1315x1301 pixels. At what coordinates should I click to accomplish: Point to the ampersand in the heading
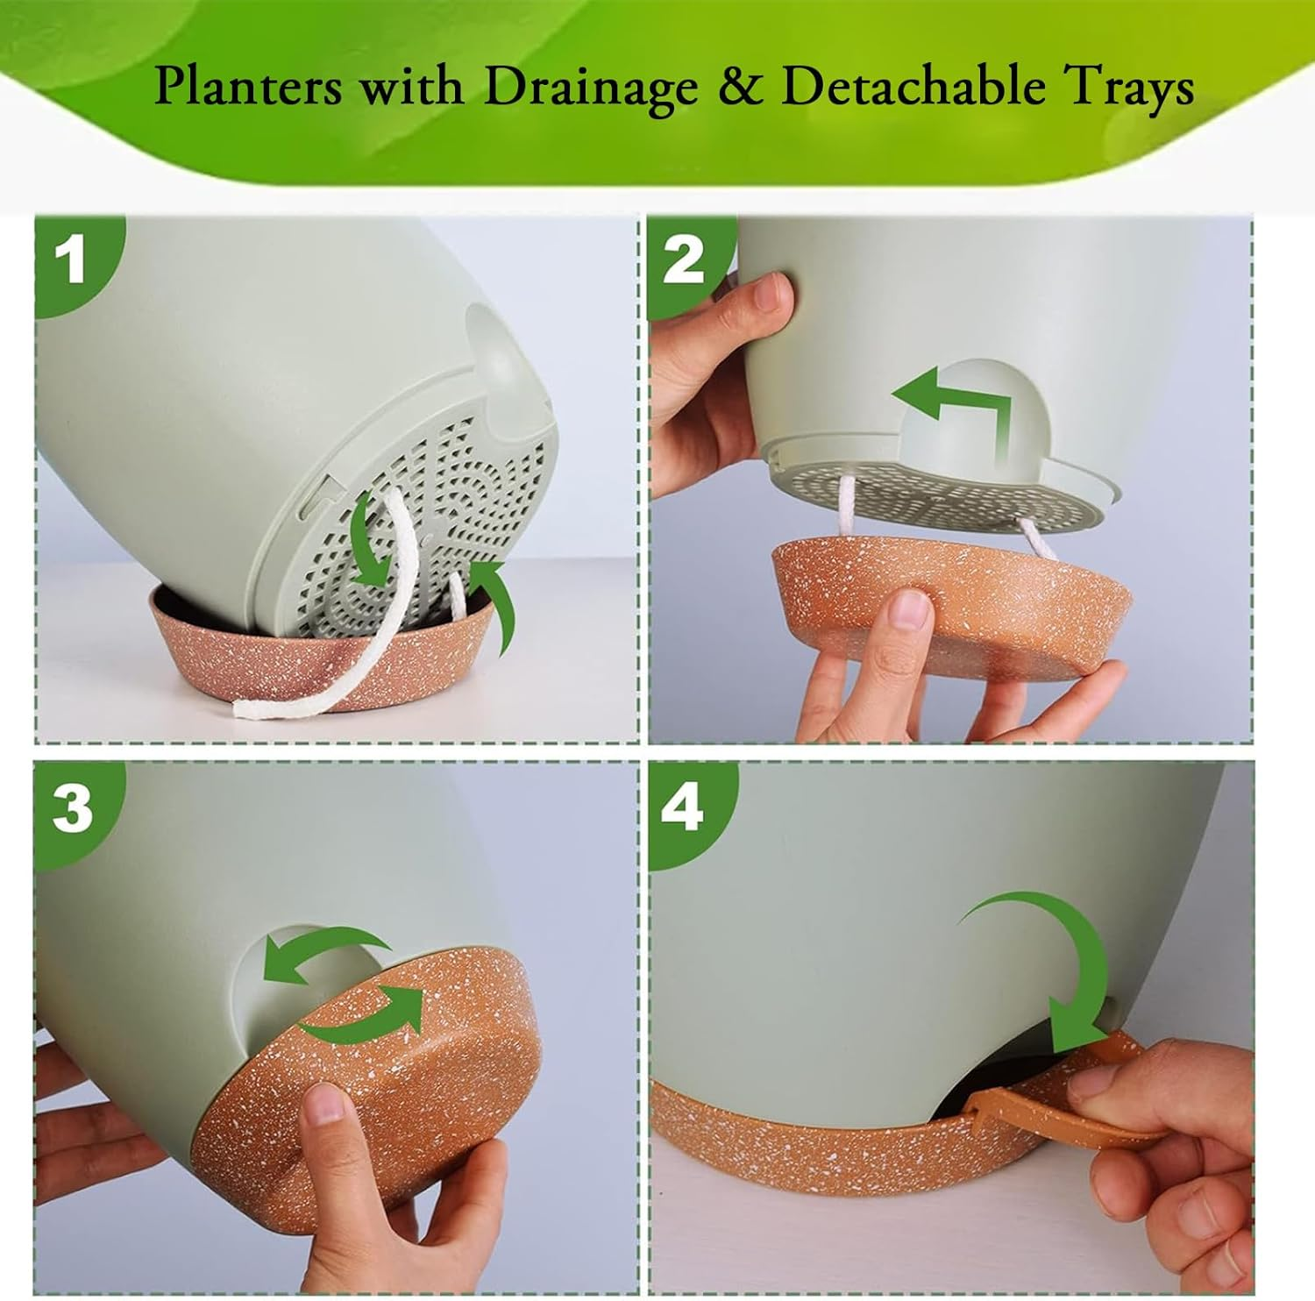(x=741, y=88)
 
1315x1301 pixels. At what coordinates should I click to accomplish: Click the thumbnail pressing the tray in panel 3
(x=322, y=1105)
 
